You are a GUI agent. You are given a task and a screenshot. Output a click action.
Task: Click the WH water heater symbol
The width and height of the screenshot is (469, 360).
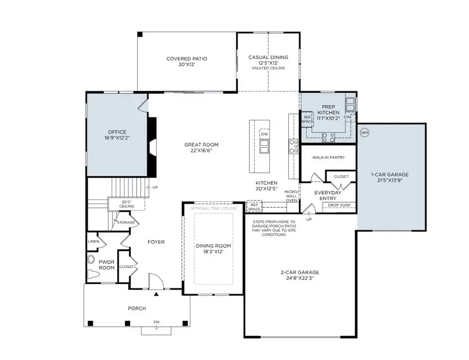(364, 132)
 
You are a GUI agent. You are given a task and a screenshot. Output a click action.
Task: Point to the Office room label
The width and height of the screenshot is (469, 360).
(117, 132)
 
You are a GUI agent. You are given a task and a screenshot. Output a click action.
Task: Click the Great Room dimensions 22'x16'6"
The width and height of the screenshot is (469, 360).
(201, 151)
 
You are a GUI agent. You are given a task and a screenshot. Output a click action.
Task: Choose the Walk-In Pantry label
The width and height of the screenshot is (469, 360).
(328, 157)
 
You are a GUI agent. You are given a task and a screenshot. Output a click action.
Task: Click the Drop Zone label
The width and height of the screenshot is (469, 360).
(339, 205)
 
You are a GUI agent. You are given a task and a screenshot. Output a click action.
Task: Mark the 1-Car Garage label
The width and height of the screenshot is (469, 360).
(389, 175)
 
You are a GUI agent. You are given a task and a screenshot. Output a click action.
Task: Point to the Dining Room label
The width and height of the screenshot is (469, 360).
(213, 246)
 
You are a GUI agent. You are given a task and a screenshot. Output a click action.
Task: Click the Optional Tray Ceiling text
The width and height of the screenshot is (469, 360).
(213, 208)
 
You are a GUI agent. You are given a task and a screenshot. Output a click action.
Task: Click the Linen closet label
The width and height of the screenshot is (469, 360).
(94, 241)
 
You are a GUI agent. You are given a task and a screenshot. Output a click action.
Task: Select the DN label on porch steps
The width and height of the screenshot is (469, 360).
(156, 322)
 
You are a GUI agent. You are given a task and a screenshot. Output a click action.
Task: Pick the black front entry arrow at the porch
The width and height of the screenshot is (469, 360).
(155, 294)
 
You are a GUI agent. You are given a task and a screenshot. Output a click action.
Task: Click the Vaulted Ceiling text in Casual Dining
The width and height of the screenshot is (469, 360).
(269, 68)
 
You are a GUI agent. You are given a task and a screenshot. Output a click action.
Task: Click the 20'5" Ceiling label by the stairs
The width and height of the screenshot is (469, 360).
(127, 204)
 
